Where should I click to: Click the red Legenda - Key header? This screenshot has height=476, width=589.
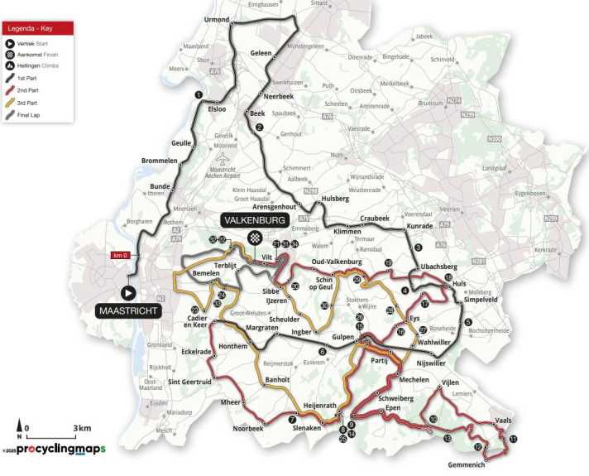(38, 27)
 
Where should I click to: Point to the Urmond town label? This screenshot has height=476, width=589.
(216, 18)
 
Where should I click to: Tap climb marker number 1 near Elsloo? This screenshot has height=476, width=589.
(199, 95)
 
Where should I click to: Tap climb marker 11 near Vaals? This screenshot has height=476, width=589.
(513, 439)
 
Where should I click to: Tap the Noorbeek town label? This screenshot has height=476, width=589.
(247, 430)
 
